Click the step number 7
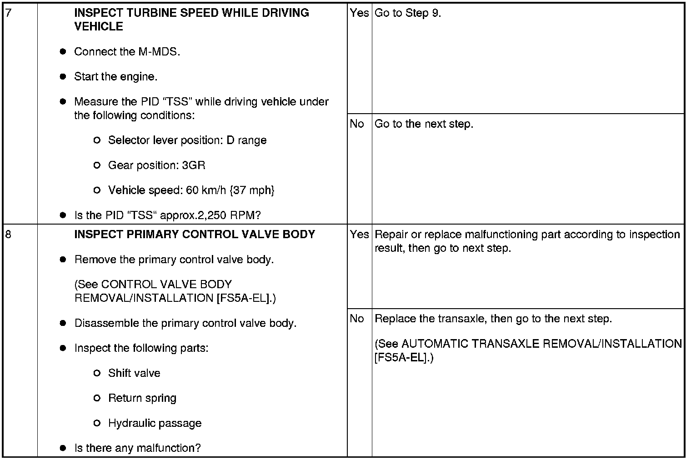click(8, 13)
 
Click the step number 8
click(8, 235)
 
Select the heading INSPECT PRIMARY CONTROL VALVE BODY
click(195, 235)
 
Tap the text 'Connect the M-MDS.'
click(127, 52)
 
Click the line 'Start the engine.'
click(116, 77)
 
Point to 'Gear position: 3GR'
click(157, 165)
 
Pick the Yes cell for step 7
click(359, 13)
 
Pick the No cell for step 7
click(357, 124)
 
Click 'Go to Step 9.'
click(408, 13)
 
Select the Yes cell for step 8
click(359, 235)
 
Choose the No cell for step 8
click(357, 319)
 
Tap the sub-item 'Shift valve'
click(134, 373)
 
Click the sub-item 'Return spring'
click(142, 398)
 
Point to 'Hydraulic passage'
click(155, 423)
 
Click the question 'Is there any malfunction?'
click(137, 448)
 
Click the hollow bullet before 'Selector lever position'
click(96, 140)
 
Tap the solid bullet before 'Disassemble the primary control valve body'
click(63, 324)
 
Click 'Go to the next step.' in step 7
click(424, 124)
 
